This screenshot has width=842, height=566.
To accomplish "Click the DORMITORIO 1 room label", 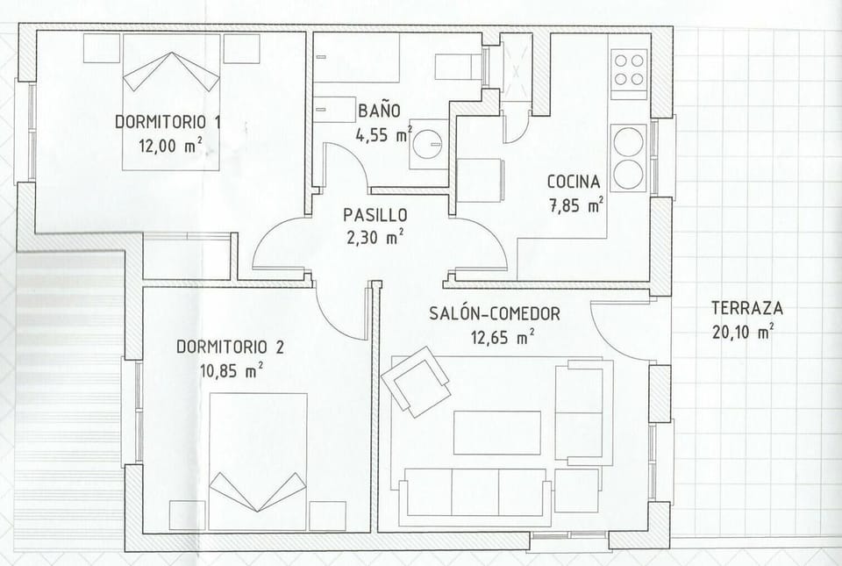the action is pyautogui.click(x=168, y=121).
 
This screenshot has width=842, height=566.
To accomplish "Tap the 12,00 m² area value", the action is pyautogui.click(x=171, y=145).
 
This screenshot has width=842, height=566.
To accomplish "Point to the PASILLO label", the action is pyautogui.click(x=375, y=215).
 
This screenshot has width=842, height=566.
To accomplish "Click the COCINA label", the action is pyautogui.click(x=574, y=182).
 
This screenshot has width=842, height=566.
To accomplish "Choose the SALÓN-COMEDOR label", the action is pyautogui.click(x=495, y=313).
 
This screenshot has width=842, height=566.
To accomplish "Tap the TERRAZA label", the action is pyautogui.click(x=747, y=308).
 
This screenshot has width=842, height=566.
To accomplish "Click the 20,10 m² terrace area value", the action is pyautogui.click(x=743, y=332).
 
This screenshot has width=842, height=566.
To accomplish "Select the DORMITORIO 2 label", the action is pyautogui.click(x=230, y=347).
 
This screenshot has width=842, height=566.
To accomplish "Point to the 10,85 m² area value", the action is pyautogui.click(x=232, y=370).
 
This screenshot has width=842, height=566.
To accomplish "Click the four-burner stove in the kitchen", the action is pyautogui.click(x=630, y=74).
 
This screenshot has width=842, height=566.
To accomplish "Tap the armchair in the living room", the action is pyautogui.click(x=416, y=381).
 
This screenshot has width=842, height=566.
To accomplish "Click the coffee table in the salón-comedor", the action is pyautogui.click(x=497, y=433).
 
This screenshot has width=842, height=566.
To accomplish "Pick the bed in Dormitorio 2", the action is pyautogui.click(x=258, y=462).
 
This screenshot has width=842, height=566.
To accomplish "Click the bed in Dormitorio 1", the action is pyautogui.click(x=171, y=102).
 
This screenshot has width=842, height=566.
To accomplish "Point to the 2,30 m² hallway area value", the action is pyautogui.click(x=375, y=237).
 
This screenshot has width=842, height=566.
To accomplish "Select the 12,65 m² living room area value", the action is pyautogui.click(x=503, y=338).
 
